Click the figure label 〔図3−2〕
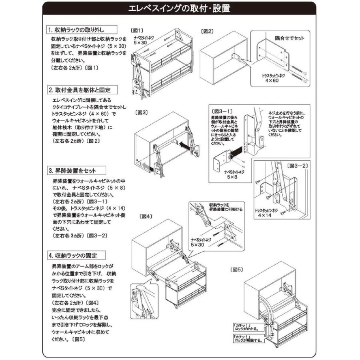pyautogui.click(x=298, y=165)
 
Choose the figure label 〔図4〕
pyautogui.click(x=146, y=216)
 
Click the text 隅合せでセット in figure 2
pyautogui.click(x=290, y=38)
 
